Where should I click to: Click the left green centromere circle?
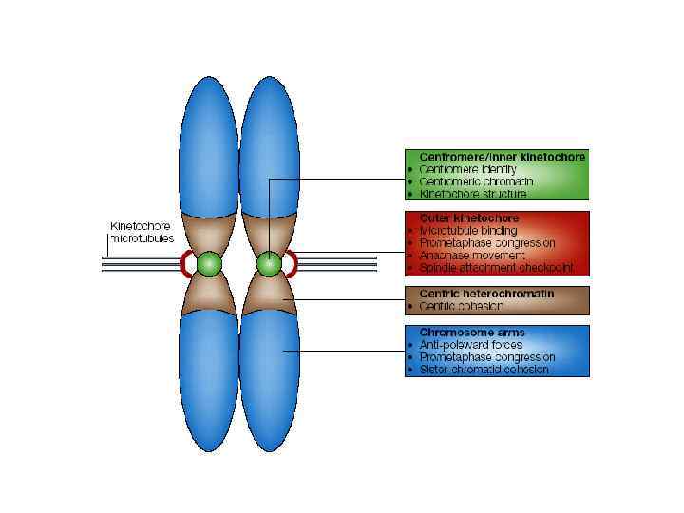(209, 263)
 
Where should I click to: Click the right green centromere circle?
(270, 263)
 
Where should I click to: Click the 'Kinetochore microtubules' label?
(142, 232)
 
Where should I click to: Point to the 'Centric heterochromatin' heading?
(485, 294)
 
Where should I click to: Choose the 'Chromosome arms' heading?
(471, 332)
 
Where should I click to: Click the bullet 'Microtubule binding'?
(468, 230)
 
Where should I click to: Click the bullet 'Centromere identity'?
(467, 168)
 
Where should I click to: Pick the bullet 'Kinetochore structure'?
(472, 193)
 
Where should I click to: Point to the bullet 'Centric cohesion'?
(460, 306)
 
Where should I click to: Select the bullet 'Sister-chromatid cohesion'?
(484, 370)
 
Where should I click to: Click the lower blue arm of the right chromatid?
(270, 380)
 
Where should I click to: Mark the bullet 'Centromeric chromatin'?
(476, 180)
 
